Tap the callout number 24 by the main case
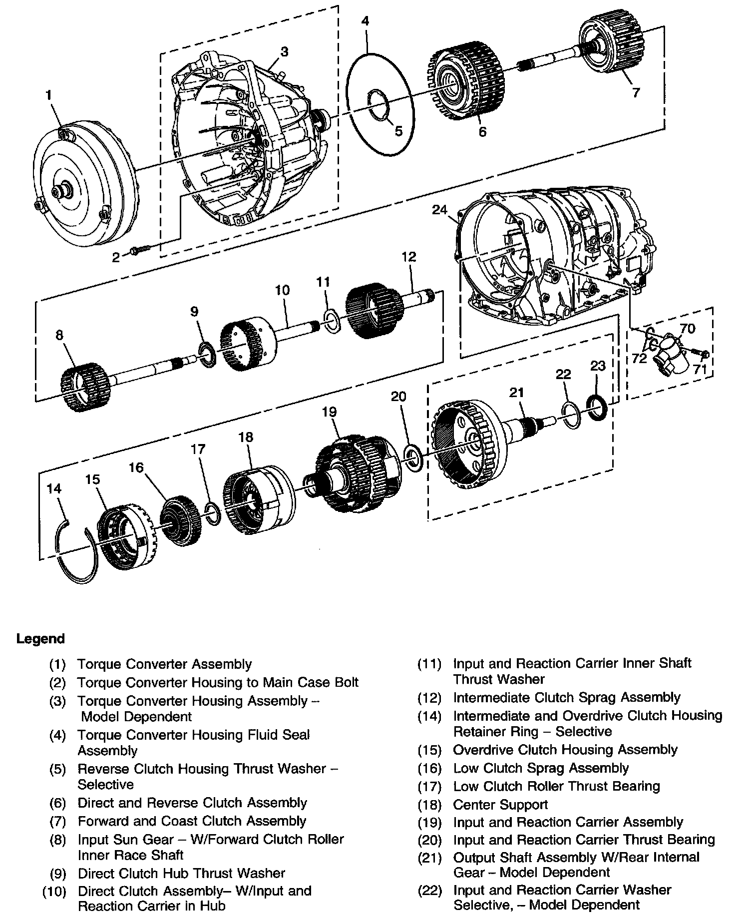(439, 210)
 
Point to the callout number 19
(329, 412)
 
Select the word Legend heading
(40, 639)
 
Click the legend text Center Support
(500, 805)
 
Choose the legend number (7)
(58, 821)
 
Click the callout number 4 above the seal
(366, 21)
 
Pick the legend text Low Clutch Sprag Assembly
(541, 768)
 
